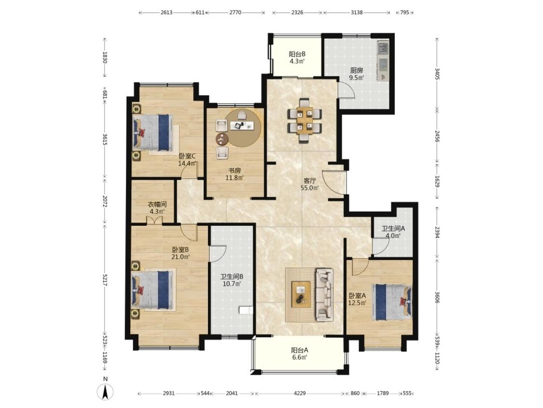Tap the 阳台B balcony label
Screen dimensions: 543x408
click(x=297, y=54)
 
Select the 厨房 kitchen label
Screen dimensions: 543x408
click(x=356, y=71)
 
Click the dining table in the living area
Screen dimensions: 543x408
click(x=305, y=121)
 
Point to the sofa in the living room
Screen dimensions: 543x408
click(x=324, y=294)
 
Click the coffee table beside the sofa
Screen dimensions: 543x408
click(x=301, y=294)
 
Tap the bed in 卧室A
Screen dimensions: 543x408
click(x=392, y=302)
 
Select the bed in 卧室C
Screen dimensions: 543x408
click(x=153, y=132)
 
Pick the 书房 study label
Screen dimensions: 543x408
click(x=234, y=170)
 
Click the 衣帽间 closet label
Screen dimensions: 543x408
click(x=157, y=204)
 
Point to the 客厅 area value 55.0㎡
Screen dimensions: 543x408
click(x=309, y=188)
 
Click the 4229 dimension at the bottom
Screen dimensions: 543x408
click(x=300, y=393)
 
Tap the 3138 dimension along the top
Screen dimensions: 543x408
click(x=356, y=13)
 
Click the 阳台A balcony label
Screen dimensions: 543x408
click(x=300, y=350)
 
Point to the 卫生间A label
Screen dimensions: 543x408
click(x=393, y=229)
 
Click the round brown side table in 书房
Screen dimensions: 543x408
click(x=222, y=140)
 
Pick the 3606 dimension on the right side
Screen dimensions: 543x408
click(x=437, y=297)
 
